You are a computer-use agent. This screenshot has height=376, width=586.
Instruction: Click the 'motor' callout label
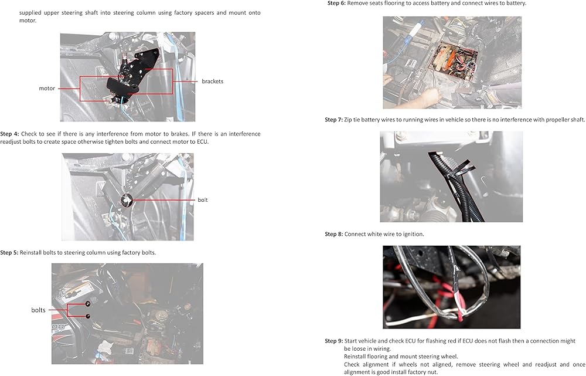47,89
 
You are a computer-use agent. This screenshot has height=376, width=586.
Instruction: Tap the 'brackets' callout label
212,81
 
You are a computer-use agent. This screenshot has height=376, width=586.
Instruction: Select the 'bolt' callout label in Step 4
203,200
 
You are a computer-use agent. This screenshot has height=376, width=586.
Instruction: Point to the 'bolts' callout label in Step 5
38,310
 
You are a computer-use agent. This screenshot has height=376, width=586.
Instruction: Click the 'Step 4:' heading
9,134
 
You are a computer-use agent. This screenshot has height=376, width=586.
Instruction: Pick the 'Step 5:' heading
9,253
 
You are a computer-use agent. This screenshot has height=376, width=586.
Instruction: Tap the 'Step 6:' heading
337,3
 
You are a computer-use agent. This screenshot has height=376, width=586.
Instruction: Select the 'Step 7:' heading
334,120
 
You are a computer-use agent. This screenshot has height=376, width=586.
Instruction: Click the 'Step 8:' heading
334,234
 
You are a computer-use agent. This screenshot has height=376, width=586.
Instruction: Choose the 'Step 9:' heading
334,341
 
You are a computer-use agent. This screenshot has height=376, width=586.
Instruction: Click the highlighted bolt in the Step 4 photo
127,201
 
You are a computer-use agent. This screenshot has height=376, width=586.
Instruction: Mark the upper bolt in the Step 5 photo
88,303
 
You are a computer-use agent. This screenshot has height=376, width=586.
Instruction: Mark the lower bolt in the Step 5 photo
88,317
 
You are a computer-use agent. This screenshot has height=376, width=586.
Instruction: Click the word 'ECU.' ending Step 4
203,142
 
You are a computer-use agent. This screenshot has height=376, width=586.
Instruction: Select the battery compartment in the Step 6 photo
453,62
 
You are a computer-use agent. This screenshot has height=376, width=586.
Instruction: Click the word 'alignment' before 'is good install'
356,372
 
